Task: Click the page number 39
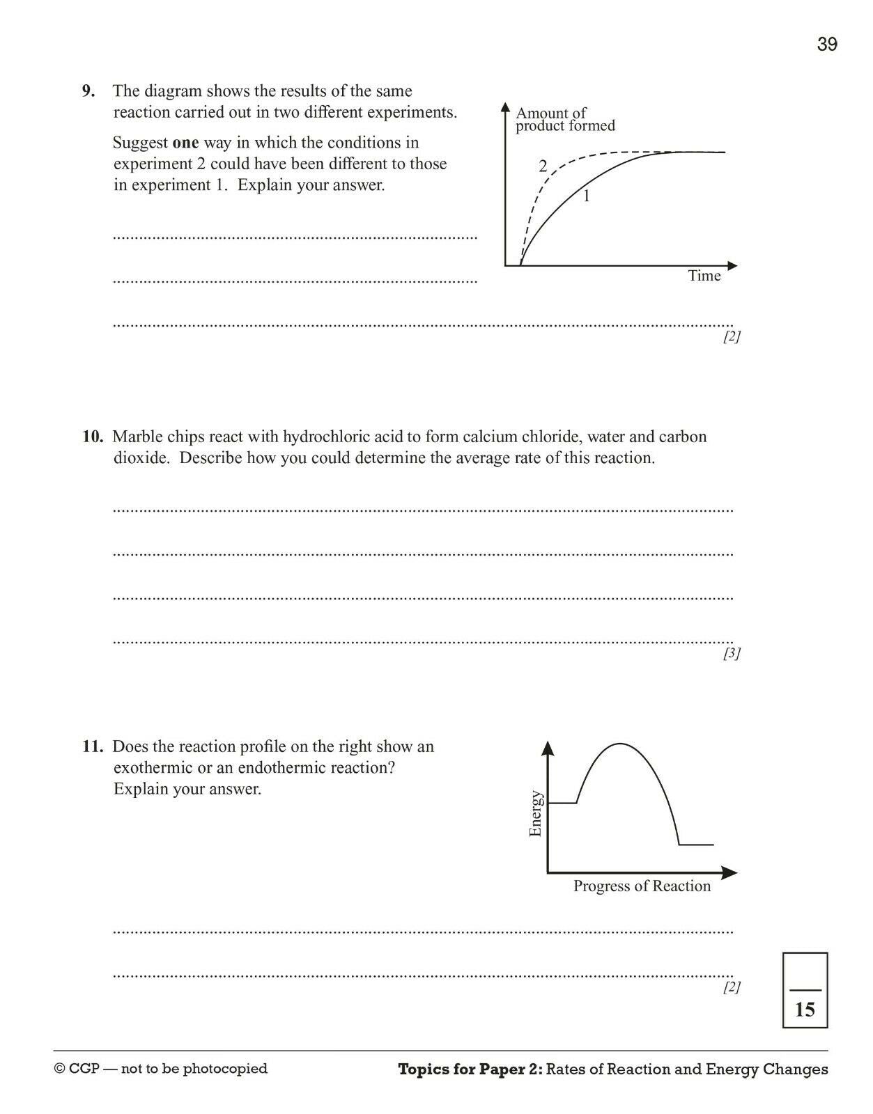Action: [x=827, y=45]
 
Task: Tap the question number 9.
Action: [x=88, y=91]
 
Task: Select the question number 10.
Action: [x=92, y=437]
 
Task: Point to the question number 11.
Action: [x=92, y=746]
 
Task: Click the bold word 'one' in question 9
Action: [x=185, y=143]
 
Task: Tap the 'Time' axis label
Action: [x=704, y=276]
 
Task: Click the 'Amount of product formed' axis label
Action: [x=565, y=119]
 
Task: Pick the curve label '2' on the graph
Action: [x=543, y=166]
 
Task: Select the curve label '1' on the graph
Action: [x=586, y=196]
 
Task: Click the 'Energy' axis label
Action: [x=535, y=813]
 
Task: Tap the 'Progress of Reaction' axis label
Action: [x=642, y=886]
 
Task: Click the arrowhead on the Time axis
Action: [x=732, y=265]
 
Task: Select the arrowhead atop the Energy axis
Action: [x=548, y=748]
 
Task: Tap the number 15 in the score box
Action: [x=805, y=1010]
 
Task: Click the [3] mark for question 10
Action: [x=731, y=653]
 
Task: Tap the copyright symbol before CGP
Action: [x=60, y=1069]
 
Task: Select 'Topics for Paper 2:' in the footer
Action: [x=470, y=1069]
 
